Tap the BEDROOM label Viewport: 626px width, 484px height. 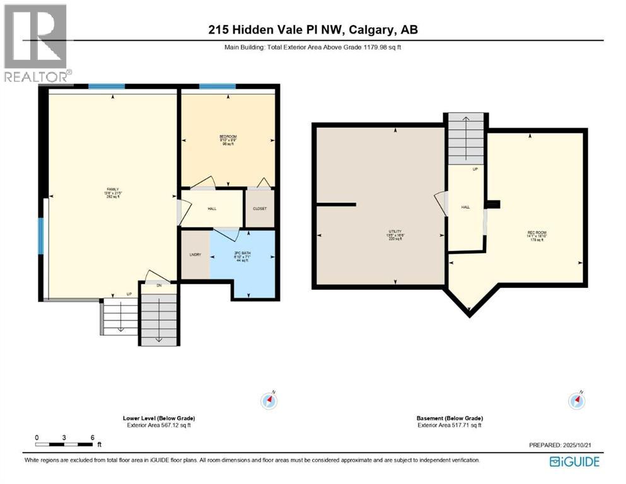[x=228, y=137]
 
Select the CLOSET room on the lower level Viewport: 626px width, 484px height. [x=260, y=209]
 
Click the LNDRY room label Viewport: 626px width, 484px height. [x=195, y=255]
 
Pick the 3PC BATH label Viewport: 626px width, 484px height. [x=242, y=255]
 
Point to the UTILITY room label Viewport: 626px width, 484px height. [x=395, y=232]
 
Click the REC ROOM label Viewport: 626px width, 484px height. [x=536, y=233]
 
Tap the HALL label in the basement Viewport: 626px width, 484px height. [x=465, y=207]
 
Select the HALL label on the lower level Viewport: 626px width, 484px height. [x=212, y=208]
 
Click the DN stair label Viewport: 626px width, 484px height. [x=158, y=285]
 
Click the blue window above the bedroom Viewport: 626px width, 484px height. [x=217, y=86]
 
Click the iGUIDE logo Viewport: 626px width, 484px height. [x=574, y=461]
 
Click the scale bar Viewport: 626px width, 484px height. [x=64, y=445]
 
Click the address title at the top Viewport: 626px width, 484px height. [x=313, y=30]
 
